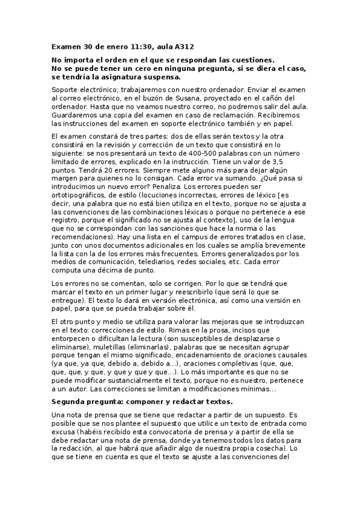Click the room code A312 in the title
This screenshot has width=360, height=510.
pyautogui.click(x=183, y=46)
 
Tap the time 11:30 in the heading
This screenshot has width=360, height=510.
pyautogui.click(x=139, y=46)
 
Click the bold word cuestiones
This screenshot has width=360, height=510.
pyautogui.click(x=252, y=60)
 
